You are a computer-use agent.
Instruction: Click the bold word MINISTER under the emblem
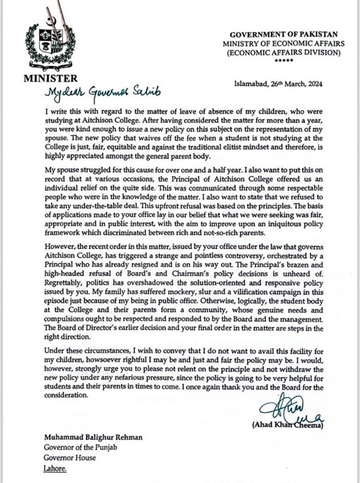point(50,79)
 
